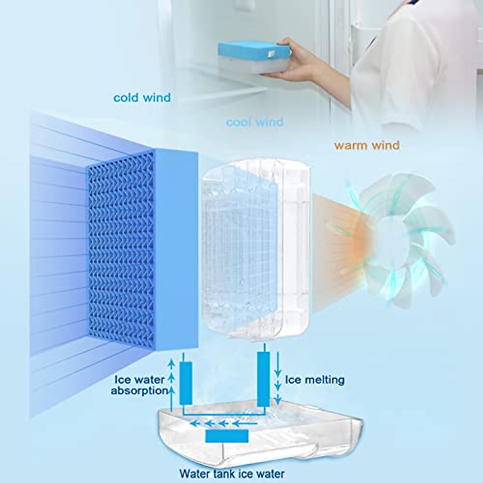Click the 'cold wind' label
pyautogui.click(x=142, y=98)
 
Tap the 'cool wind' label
pyautogui.click(x=254, y=122)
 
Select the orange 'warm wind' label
pyautogui.click(x=367, y=145)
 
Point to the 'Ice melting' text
pyautogui.click(x=315, y=380)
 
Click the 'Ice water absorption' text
pyautogui.click(x=139, y=385)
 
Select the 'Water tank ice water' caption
pyautogui.click(x=232, y=473)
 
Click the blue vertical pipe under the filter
pyautogui.click(x=186, y=382)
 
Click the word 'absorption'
pyautogui.click(x=139, y=390)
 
